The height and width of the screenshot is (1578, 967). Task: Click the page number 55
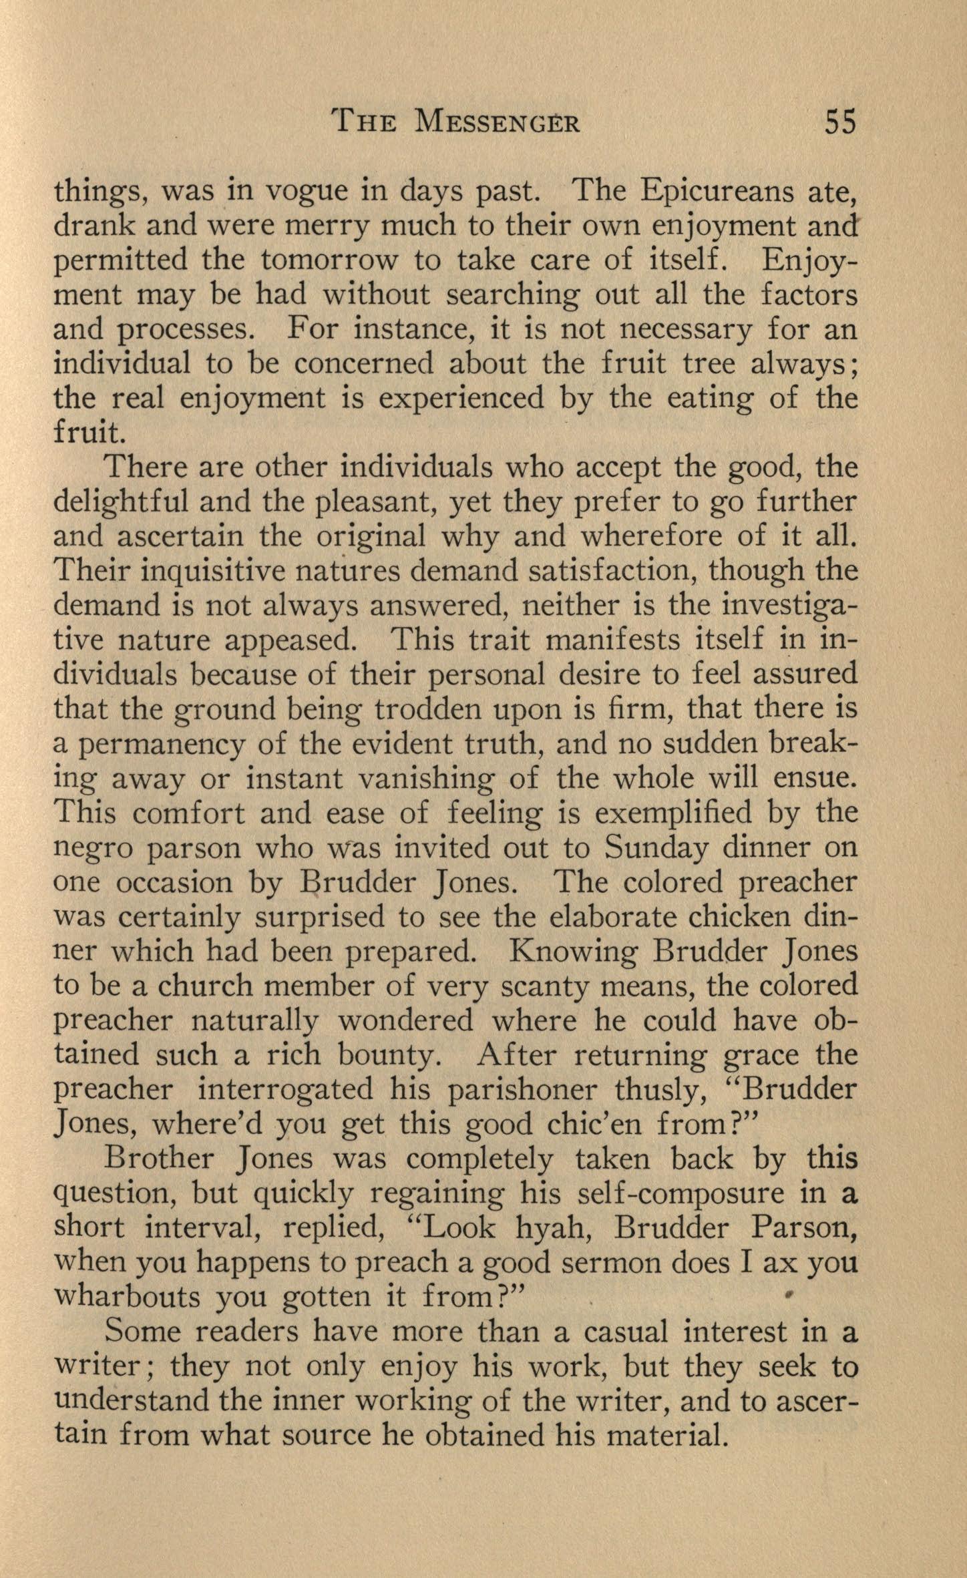(x=840, y=123)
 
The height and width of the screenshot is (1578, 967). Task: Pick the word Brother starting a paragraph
(x=160, y=1159)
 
